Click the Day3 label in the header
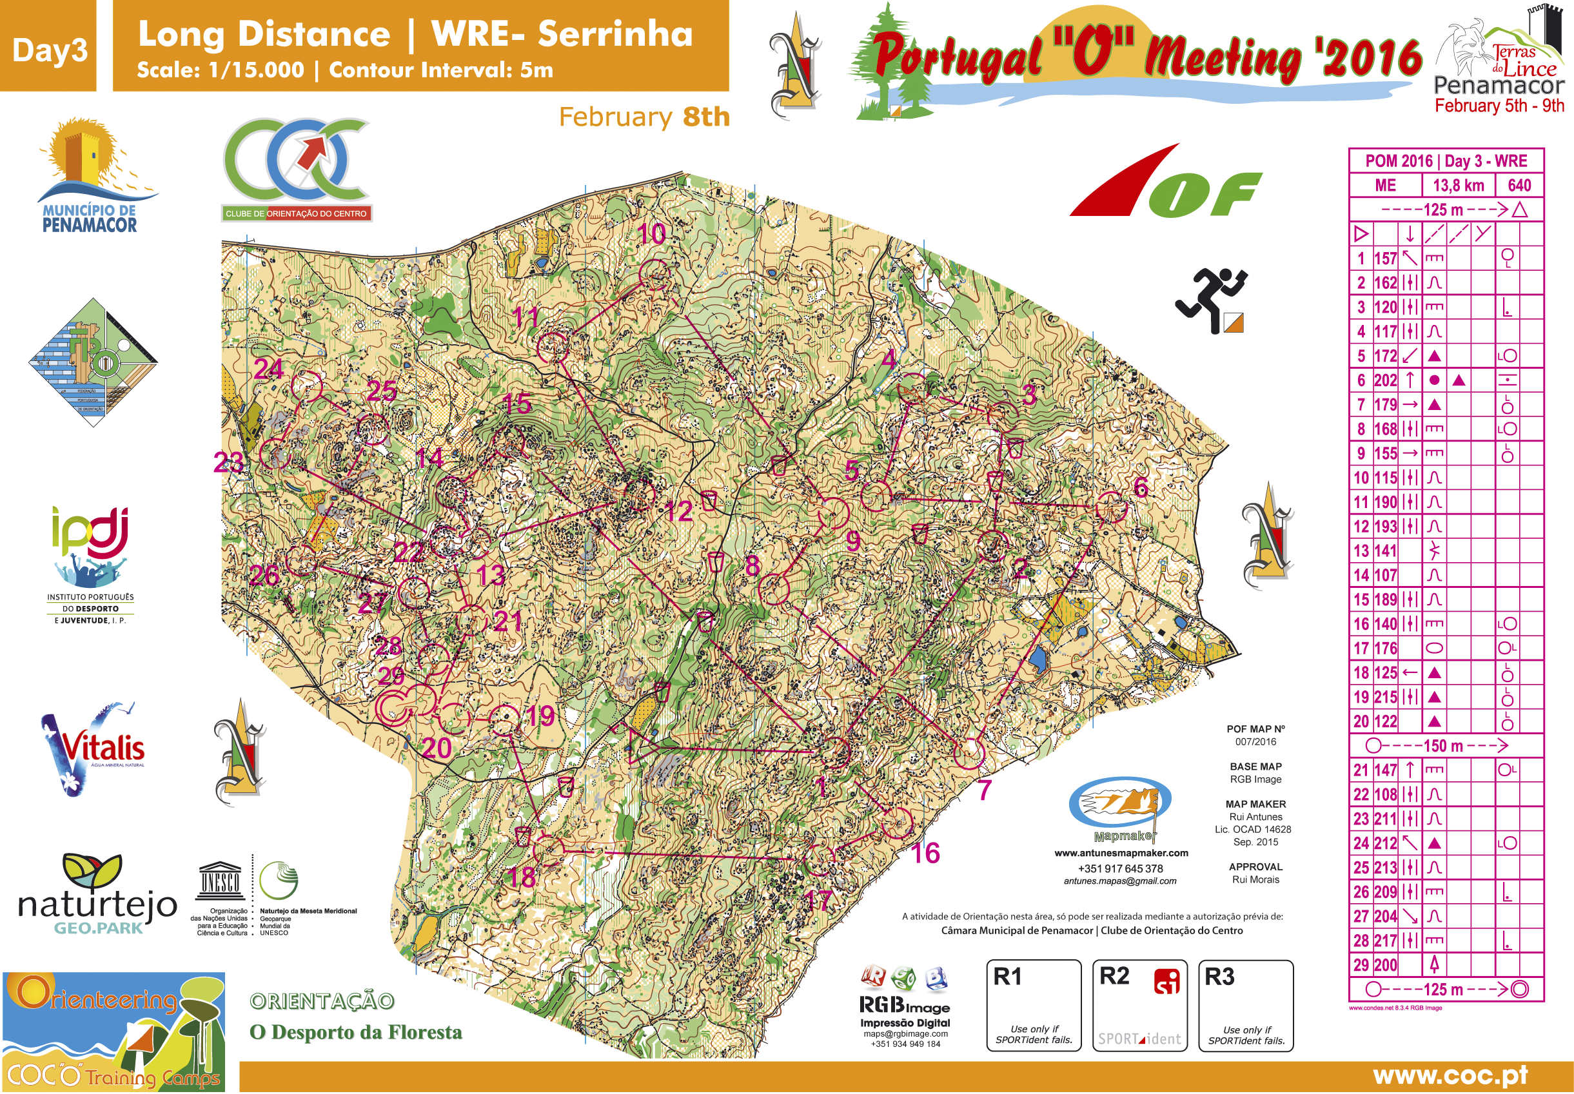[50, 50]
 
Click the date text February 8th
[644, 117]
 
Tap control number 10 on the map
[655, 274]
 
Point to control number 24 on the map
[306, 386]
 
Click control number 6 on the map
[1110, 508]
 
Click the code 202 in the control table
[1385, 380]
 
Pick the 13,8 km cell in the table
[1458, 185]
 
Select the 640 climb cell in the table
[1519, 185]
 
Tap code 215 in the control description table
[1385, 697]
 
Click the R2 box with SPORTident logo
[1139, 1005]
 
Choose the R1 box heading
[1007, 976]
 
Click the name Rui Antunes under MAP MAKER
[1255, 816]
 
